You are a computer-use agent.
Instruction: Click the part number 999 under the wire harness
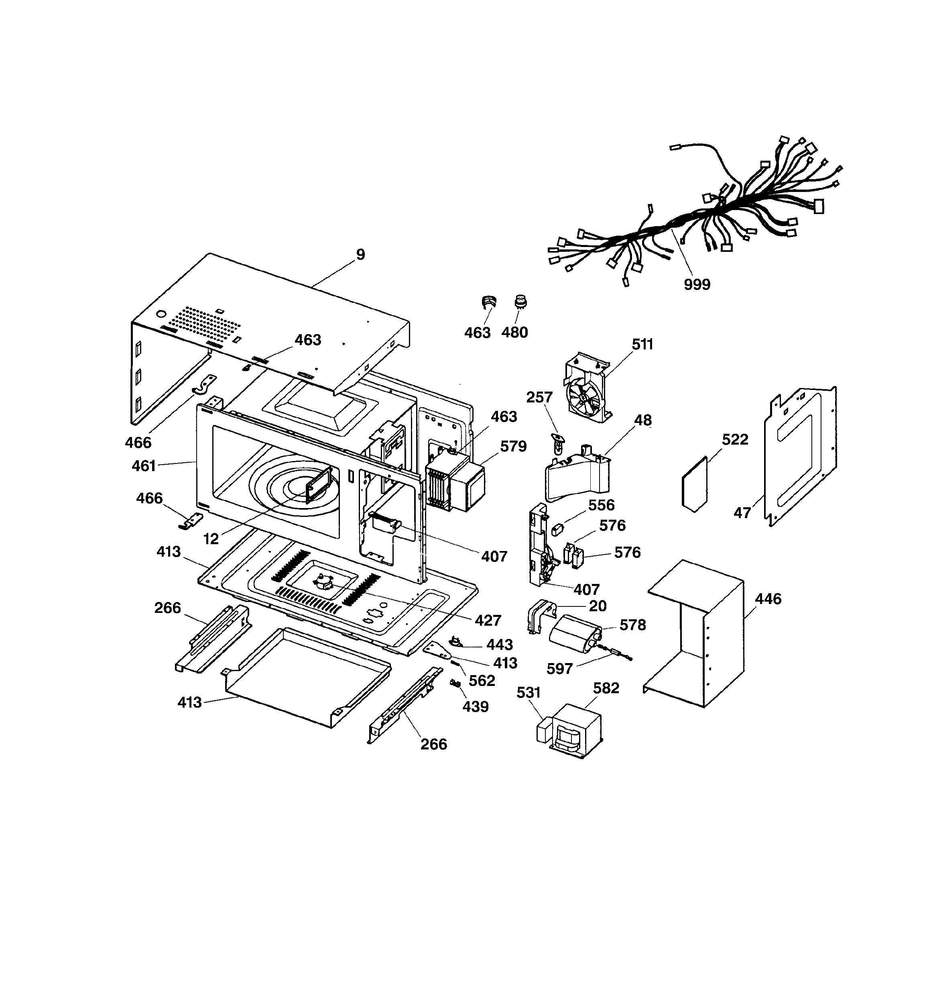[697, 284]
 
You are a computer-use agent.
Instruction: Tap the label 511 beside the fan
[642, 345]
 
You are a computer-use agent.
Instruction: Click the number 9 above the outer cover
[360, 255]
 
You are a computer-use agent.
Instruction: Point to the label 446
[768, 598]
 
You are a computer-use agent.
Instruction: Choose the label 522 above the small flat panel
[735, 439]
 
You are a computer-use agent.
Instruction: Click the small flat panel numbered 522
[695, 484]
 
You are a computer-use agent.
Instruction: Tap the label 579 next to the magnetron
[513, 446]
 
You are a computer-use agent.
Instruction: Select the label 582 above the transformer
[606, 688]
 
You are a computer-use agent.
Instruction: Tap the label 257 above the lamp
[539, 398]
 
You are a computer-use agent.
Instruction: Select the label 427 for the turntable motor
[488, 620]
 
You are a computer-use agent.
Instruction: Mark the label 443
[500, 645]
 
